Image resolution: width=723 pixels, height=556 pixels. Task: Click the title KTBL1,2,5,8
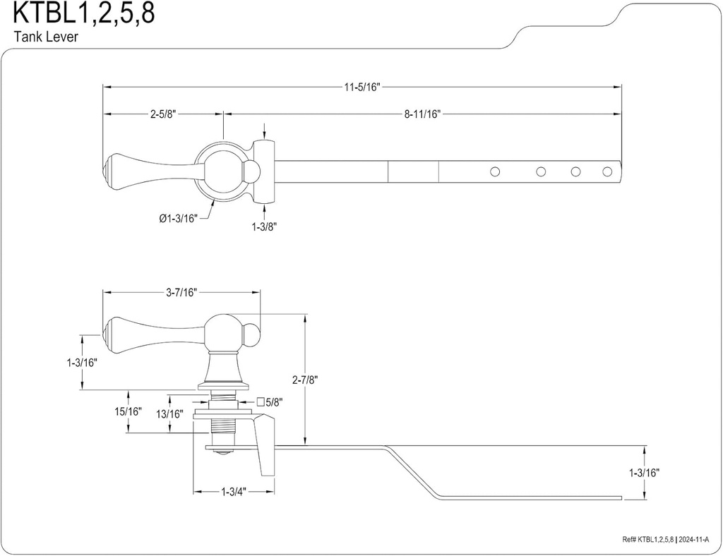(x=83, y=15)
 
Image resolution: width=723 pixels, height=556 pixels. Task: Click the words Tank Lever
(x=45, y=37)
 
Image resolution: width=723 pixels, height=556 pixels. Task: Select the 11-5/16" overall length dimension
(x=362, y=87)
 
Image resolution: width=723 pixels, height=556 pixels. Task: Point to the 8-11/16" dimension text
(x=422, y=114)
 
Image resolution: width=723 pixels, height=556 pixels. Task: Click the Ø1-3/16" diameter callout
(x=178, y=219)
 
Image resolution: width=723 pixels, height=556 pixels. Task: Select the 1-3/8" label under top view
(x=263, y=226)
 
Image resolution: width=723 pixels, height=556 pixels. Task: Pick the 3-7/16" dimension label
(x=182, y=291)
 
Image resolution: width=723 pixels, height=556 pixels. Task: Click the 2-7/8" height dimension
(x=304, y=380)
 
